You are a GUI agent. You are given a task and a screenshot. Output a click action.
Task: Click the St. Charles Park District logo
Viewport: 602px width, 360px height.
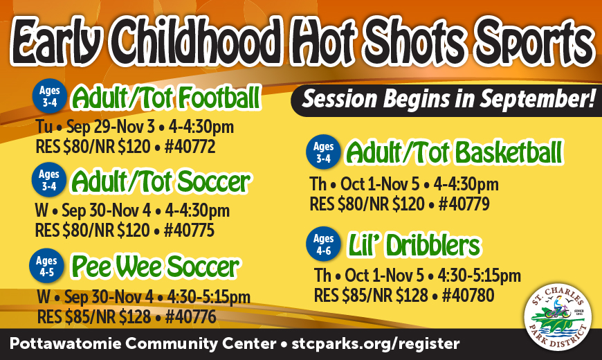tap(558, 317)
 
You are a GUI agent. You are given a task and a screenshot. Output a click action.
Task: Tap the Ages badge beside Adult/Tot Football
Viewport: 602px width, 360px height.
tap(50, 96)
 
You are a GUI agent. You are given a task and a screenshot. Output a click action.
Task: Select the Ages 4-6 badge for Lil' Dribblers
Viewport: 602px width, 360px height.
tap(323, 244)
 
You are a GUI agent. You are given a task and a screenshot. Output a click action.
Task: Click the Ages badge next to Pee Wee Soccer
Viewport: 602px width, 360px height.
tap(46, 266)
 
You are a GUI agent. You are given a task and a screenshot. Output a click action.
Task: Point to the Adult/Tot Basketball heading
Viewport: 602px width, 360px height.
tap(454, 152)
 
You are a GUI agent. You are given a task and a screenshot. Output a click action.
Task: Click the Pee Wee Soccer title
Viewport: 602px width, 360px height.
tap(156, 267)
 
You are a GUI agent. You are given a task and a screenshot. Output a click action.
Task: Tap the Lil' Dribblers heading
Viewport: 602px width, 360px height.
tap(414, 245)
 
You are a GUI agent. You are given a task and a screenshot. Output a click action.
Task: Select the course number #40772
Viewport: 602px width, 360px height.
tap(190, 147)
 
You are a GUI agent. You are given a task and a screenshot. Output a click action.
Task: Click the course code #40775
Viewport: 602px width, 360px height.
tap(189, 231)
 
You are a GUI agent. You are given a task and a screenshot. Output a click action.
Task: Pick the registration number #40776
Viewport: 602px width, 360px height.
tap(191, 317)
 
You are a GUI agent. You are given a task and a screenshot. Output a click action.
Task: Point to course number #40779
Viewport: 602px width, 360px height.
tap(464, 204)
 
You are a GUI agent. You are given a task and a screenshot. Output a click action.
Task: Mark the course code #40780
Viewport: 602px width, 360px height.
tap(468, 295)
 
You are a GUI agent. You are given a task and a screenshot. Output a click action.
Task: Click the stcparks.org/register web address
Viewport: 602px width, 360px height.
tap(376, 343)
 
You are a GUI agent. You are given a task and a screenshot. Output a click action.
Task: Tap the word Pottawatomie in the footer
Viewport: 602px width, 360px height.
tap(65, 343)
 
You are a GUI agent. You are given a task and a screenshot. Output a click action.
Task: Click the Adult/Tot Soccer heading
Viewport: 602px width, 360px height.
tap(161, 181)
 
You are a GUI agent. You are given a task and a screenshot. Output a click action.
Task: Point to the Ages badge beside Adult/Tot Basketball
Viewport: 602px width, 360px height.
tap(323, 152)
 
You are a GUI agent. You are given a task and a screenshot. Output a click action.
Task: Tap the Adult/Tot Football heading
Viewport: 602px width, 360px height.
tap(167, 98)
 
